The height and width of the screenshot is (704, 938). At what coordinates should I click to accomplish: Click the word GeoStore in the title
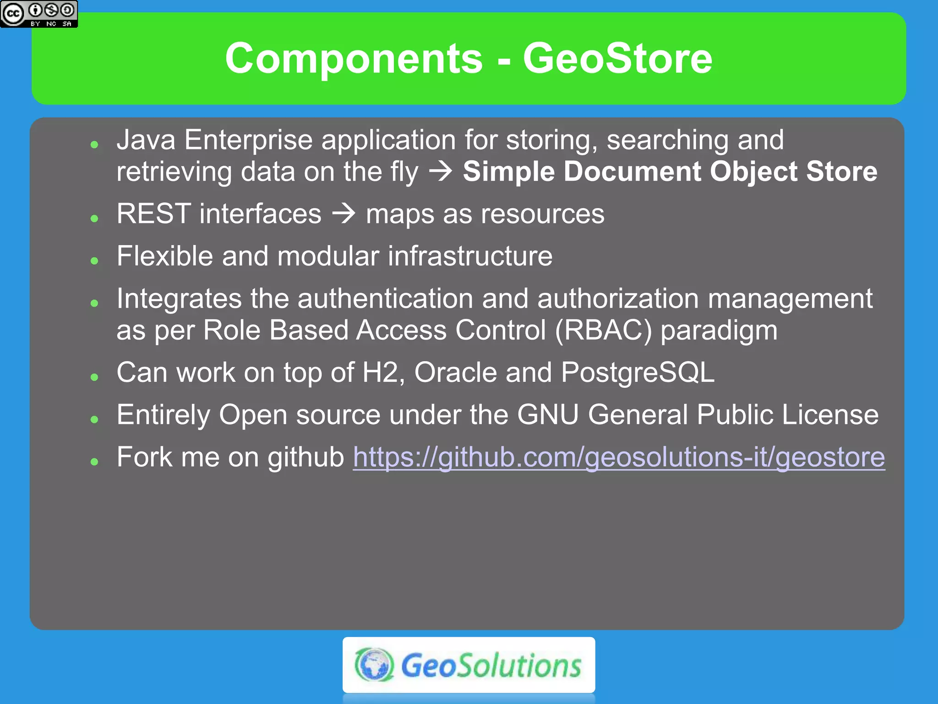[x=617, y=58]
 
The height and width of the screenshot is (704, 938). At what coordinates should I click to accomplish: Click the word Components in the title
[x=354, y=58]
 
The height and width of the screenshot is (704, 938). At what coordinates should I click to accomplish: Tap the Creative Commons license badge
[x=39, y=14]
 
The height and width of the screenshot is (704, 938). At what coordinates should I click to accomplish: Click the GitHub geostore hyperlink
[x=619, y=457]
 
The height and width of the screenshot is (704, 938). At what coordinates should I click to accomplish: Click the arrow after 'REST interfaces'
[x=344, y=214]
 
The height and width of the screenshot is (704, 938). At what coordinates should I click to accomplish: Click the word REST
[x=153, y=214]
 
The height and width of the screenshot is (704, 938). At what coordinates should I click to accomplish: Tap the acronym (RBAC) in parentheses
[x=603, y=330]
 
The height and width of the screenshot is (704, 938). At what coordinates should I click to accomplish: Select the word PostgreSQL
[x=638, y=372]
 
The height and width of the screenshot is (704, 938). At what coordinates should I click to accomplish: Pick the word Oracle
[x=455, y=372]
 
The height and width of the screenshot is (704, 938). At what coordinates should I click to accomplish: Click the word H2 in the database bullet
[x=380, y=372]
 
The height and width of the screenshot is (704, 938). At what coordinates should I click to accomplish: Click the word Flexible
[x=164, y=256]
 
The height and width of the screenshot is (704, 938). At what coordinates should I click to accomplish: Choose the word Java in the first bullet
[x=146, y=140]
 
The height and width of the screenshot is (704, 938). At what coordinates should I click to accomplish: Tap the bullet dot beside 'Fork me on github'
[x=95, y=462]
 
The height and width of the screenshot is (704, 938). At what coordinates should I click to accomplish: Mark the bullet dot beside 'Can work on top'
[x=95, y=377]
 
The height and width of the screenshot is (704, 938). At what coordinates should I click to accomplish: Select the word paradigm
[x=719, y=330]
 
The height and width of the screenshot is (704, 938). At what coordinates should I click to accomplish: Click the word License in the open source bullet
[x=830, y=415]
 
